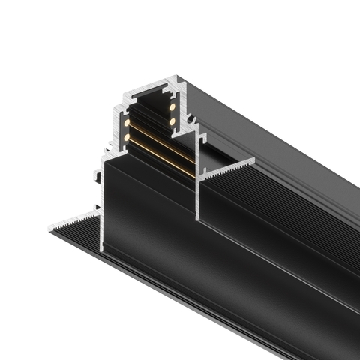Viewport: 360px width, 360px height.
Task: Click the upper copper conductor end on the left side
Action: tap(127, 121)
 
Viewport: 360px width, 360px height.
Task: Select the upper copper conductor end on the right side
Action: tap(172, 106)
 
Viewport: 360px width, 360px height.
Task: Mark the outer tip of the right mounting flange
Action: tap(253, 160)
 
